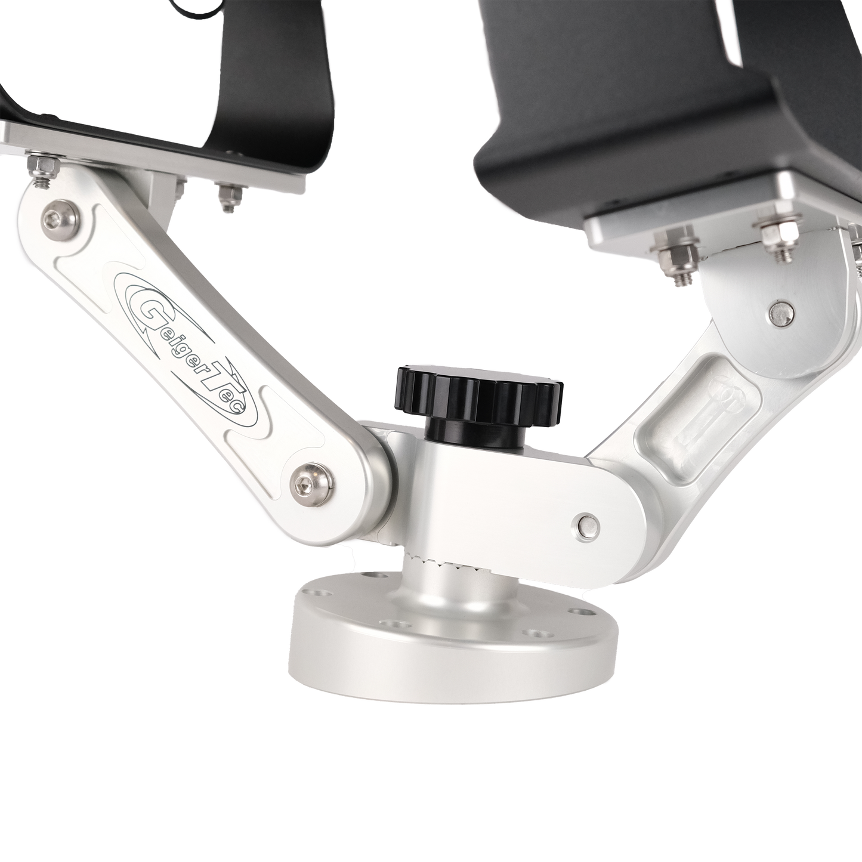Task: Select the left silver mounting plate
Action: [149, 149]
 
